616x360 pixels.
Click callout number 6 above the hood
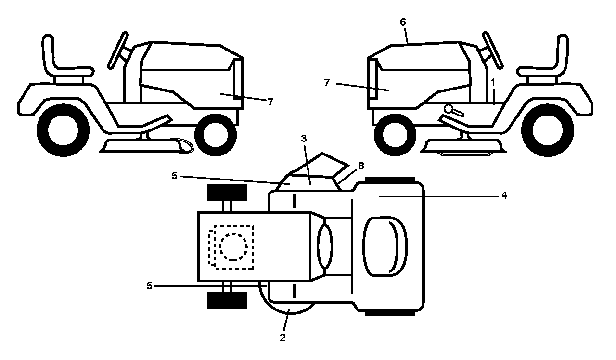tap(403, 22)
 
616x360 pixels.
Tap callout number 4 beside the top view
tap(504, 195)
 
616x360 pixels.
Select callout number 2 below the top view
tap(282, 338)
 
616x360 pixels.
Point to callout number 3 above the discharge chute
tap(304, 139)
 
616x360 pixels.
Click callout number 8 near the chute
tap(361, 166)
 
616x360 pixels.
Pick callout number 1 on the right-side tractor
tap(493, 82)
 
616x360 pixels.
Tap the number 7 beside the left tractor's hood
tap(270, 102)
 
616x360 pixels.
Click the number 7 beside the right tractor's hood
tap(327, 83)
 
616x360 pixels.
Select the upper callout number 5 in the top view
tap(174, 176)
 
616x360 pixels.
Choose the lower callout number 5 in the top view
tap(149, 286)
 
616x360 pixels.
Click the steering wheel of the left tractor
tap(118, 50)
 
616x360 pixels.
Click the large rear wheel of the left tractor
tap(63, 130)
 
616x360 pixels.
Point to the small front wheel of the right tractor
tap(395, 135)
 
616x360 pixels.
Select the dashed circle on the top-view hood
tap(233, 247)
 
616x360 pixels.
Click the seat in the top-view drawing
tap(385, 246)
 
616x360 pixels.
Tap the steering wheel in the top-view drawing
tap(325, 245)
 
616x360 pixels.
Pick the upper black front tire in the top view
tap(227, 193)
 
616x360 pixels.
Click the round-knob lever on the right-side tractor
tap(453, 111)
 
